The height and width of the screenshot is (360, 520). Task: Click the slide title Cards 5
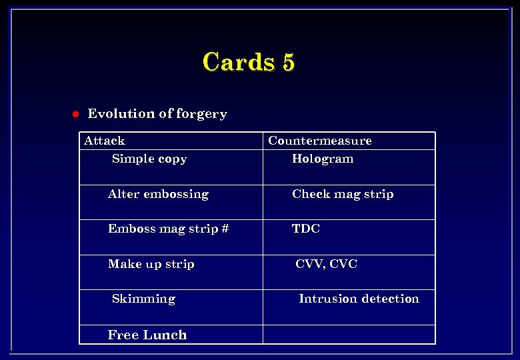[x=248, y=62]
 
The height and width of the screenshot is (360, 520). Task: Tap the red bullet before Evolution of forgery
[x=75, y=114]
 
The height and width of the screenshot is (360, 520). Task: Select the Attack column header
[x=105, y=141]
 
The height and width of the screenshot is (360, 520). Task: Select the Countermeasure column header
[x=319, y=141]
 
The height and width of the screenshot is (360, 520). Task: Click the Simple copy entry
[x=149, y=159]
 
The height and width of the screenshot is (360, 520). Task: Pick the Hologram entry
[x=323, y=159]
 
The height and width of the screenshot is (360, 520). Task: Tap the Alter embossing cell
[x=158, y=194]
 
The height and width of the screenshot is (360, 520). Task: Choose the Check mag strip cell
[x=343, y=194]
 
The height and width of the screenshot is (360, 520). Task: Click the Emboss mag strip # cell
[x=168, y=229]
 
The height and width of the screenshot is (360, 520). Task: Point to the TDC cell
[x=306, y=229]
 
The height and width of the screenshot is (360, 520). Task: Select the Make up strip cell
[x=151, y=264]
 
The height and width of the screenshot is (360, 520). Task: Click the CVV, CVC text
[x=327, y=264]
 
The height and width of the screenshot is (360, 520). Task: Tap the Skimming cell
[x=143, y=299]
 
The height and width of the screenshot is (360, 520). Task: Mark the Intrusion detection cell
[x=359, y=299]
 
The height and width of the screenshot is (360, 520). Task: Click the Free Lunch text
[x=147, y=335]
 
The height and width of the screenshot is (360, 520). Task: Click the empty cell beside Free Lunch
[x=349, y=334]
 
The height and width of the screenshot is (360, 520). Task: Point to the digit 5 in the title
[x=287, y=62]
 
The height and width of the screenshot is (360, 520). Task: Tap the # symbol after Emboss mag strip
[x=225, y=229]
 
